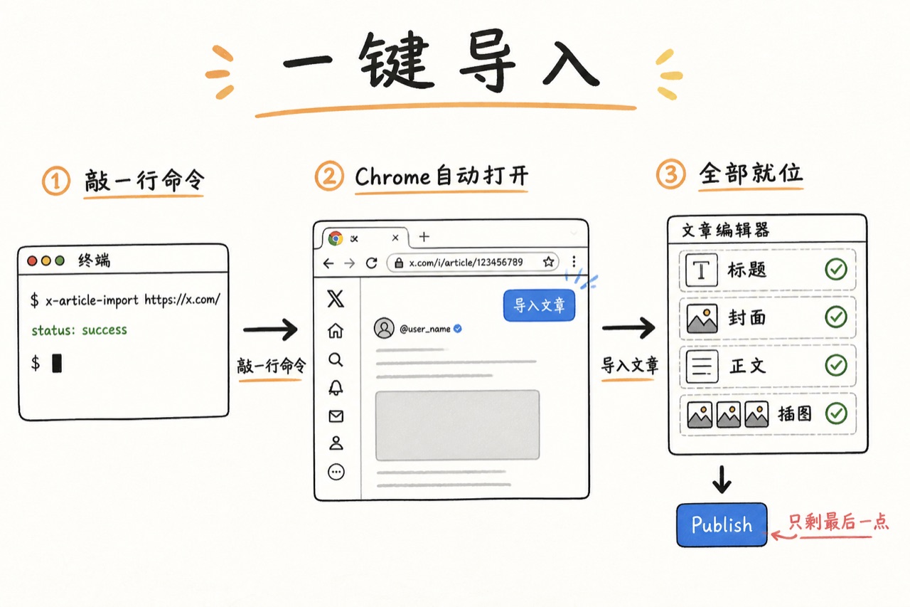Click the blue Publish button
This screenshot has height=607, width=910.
(722, 524)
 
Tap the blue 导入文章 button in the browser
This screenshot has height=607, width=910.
(539, 305)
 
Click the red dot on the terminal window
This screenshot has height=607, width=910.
(32, 260)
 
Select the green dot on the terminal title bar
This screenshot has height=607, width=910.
(60, 260)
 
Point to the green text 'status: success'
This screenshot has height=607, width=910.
(79, 329)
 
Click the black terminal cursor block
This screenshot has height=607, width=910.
(57, 363)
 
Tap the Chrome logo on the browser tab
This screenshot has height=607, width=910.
(336, 238)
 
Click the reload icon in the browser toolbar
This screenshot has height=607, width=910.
(371, 263)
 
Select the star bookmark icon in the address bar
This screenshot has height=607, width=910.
(548, 262)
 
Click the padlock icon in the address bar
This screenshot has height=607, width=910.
(399, 263)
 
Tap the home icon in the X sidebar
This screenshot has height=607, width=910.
(336, 330)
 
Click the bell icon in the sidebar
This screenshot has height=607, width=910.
(336, 388)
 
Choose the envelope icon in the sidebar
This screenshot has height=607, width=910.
(336, 416)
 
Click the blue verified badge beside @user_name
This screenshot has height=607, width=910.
(458, 329)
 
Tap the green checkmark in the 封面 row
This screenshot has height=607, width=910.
(836, 317)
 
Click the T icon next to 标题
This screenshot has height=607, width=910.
(702, 270)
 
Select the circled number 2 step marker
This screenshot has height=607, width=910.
(329, 176)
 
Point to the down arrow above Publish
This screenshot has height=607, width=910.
(722, 480)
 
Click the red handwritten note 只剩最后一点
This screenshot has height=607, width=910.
(838, 522)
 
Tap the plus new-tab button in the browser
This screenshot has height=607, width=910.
(424, 237)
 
